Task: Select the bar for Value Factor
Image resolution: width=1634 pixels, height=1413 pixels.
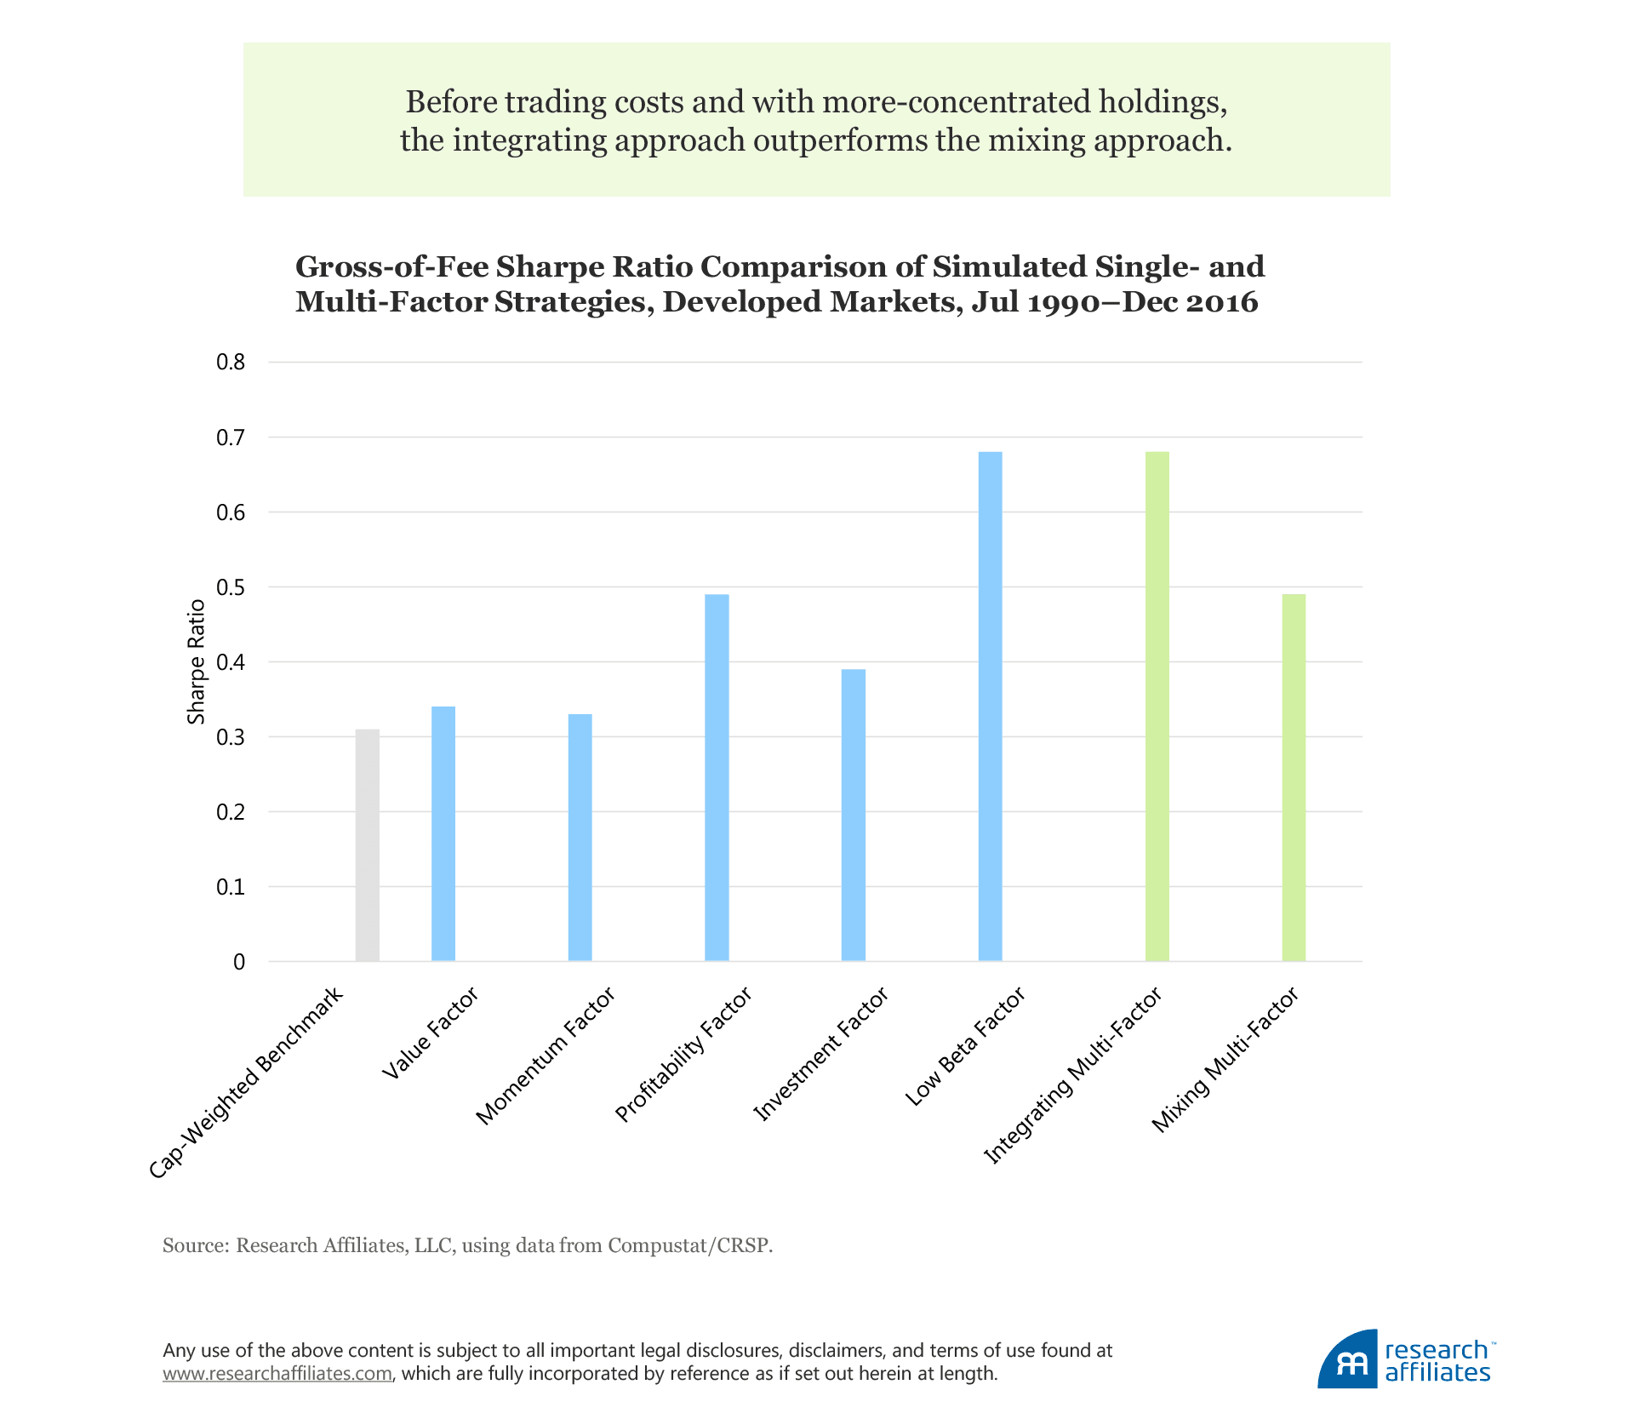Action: click(x=443, y=834)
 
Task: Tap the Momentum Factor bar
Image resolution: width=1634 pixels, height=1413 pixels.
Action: click(x=580, y=838)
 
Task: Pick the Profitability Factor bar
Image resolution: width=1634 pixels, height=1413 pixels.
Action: click(x=717, y=778)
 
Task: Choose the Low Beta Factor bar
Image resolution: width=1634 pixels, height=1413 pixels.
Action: click(x=990, y=706)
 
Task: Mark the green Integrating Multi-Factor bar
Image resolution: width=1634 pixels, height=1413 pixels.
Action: click(x=1157, y=706)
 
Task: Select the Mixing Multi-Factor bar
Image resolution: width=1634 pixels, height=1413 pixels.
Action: click(x=1294, y=778)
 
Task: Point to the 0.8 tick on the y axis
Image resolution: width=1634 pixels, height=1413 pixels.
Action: click(x=231, y=363)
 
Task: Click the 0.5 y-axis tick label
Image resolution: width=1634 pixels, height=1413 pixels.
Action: click(x=231, y=587)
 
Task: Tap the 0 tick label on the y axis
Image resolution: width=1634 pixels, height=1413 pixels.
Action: click(x=239, y=962)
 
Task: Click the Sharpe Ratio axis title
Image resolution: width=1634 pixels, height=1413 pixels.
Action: click(x=197, y=662)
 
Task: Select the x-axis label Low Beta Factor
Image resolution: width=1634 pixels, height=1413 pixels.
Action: click(x=965, y=1047)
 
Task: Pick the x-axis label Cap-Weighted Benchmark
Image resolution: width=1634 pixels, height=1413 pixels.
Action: click(x=246, y=1083)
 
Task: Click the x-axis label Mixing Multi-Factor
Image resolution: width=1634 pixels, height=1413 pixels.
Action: click(x=1225, y=1060)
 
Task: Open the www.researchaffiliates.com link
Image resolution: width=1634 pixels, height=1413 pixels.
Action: click(x=277, y=1373)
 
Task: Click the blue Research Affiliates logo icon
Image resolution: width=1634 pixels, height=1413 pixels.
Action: click(x=1347, y=1359)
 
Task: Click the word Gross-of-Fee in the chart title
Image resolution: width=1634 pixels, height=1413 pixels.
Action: click(x=391, y=267)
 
